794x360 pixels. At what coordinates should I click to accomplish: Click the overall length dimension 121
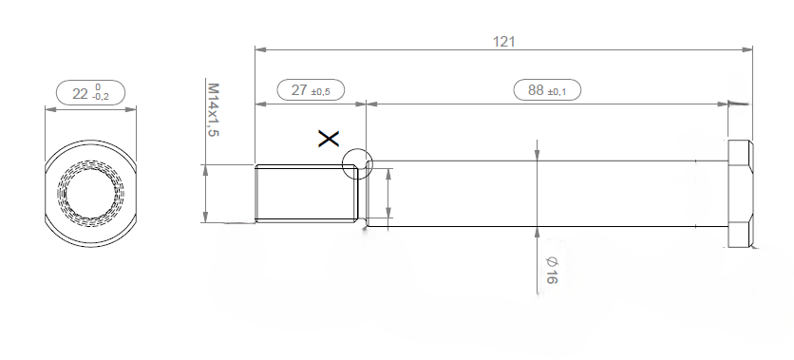point(503,42)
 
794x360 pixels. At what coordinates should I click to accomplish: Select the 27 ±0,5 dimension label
point(311,90)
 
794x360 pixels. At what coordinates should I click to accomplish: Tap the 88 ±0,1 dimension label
point(547,90)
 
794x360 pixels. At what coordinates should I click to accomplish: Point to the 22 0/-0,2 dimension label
point(90,93)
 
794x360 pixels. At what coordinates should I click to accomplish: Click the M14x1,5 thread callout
point(213,110)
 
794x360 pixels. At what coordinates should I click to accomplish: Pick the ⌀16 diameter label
point(552,270)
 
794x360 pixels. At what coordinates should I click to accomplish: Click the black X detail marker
point(329,139)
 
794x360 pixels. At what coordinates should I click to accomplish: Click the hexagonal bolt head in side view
point(740,194)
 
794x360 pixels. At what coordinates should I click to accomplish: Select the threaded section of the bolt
point(307,194)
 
